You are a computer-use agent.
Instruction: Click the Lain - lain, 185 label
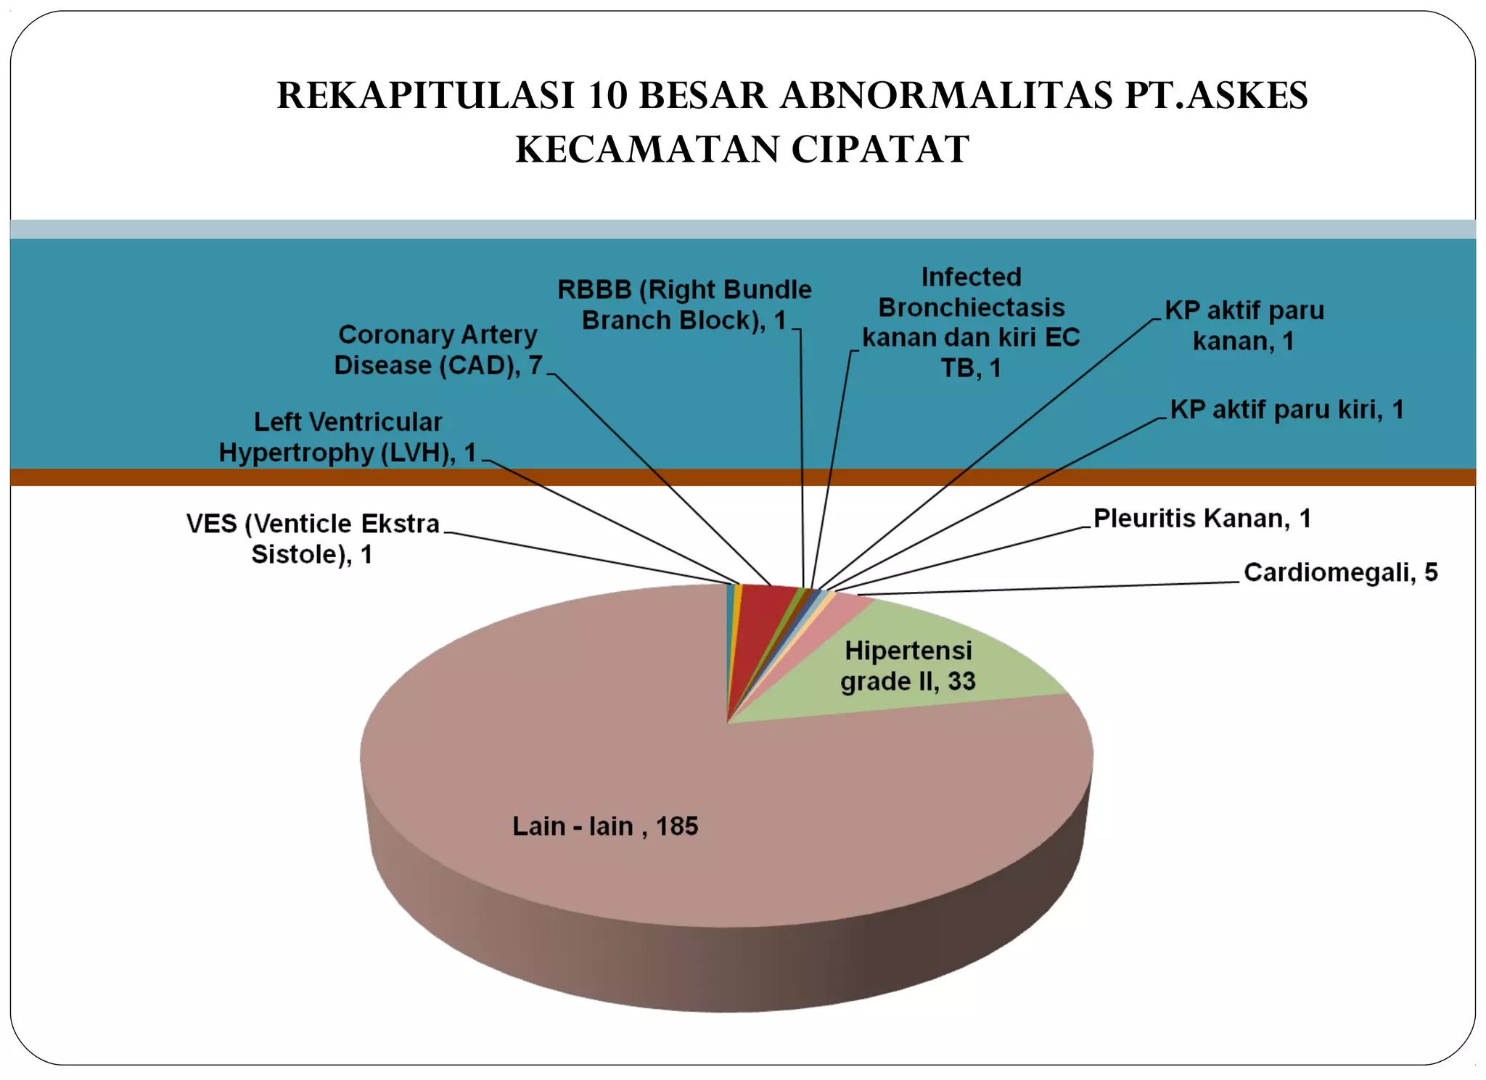click(605, 826)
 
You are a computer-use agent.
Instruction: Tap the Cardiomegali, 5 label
click(1340, 572)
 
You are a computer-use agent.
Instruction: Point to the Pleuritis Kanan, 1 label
click(1202, 519)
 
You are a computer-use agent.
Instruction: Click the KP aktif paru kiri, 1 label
click(1286, 410)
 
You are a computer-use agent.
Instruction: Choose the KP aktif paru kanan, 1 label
click(1244, 326)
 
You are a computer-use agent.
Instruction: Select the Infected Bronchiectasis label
click(971, 322)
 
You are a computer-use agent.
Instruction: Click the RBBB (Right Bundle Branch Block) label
click(684, 305)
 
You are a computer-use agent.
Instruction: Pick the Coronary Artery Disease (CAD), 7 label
click(438, 350)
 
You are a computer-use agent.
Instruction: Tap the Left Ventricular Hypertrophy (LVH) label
click(348, 437)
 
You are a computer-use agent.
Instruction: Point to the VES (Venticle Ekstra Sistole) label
click(313, 538)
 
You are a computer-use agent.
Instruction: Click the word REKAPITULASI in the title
click(426, 95)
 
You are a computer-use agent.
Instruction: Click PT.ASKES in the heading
click(1216, 95)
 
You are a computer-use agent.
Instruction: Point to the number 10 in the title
click(607, 95)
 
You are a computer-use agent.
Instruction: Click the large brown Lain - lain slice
click(580, 725)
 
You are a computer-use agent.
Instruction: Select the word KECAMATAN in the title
click(646, 149)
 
